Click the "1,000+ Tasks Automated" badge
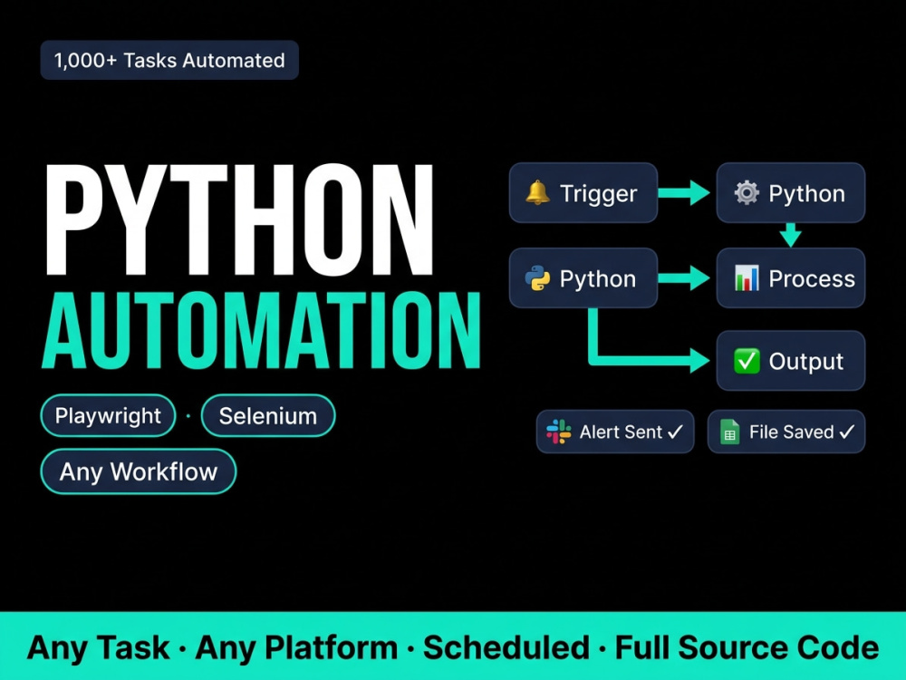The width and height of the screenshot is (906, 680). [169, 60]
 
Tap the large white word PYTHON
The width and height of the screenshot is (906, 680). [239, 219]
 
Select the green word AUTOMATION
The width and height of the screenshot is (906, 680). [261, 330]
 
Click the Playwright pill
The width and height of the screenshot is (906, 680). [108, 416]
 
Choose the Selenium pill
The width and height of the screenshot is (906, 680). [268, 416]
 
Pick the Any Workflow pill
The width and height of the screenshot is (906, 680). [139, 471]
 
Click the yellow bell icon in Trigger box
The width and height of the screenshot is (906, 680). [537, 192]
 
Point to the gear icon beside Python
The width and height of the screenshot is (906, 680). [747, 192]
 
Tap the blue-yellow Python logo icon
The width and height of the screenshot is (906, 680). [537, 278]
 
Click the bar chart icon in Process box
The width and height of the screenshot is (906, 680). [747, 278]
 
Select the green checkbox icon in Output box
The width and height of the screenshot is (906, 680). [747, 361]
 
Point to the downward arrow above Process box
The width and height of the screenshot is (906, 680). [790, 235]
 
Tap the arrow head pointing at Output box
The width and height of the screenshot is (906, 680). [699, 361]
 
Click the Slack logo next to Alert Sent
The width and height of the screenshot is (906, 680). [559, 432]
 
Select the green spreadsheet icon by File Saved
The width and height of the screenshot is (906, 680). [729, 432]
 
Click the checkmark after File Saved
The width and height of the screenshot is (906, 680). [847, 432]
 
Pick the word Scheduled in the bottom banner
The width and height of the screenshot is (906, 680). [506, 647]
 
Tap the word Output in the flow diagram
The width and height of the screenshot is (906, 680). [806, 362]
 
